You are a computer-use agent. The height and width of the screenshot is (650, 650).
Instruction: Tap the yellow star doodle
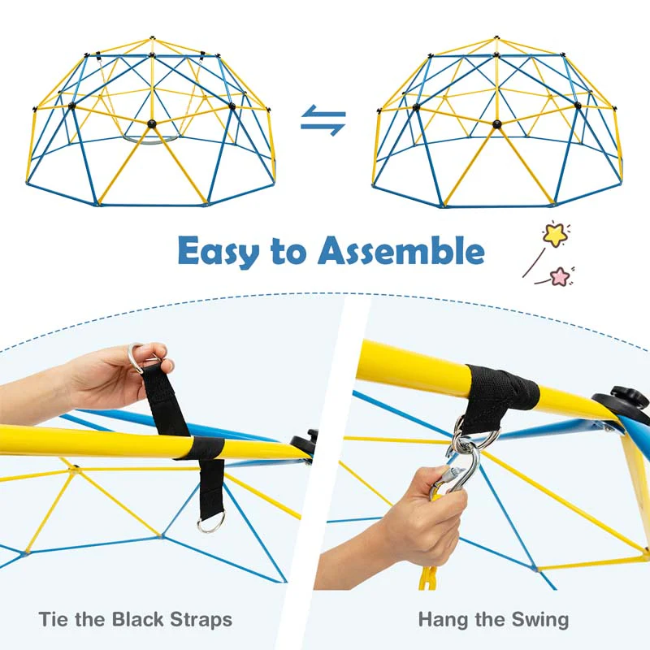click(x=555, y=235)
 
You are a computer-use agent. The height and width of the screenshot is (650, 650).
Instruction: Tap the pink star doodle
click(x=560, y=276)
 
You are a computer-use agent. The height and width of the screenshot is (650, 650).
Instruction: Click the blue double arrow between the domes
click(x=323, y=121)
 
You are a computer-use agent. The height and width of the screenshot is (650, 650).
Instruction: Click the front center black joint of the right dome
click(x=497, y=124)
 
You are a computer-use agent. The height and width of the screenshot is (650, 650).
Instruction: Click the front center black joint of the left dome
click(x=151, y=123)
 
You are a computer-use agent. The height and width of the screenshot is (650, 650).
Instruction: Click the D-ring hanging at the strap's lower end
click(x=210, y=522)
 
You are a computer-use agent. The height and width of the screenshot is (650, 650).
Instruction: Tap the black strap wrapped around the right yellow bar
click(x=502, y=388)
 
